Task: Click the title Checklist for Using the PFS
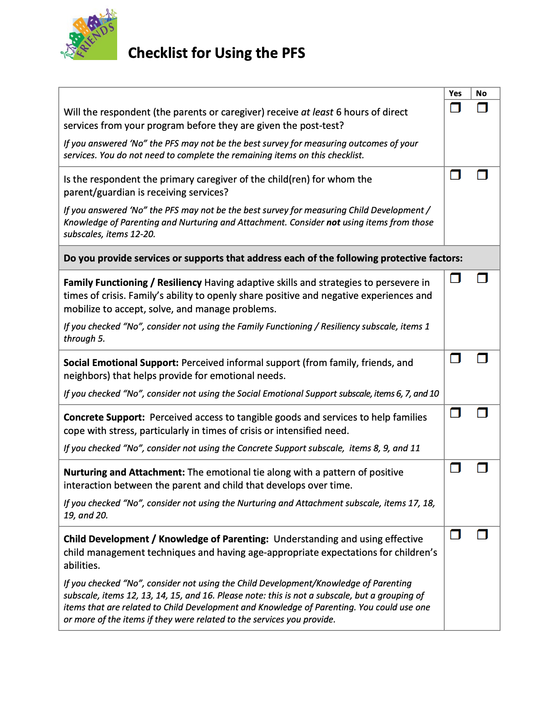(x=216, y=53)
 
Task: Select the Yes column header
(x=455, y=94)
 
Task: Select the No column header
(x=481, y=94)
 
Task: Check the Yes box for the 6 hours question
(x=455, y=108)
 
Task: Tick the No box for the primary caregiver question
(x=482, y=175)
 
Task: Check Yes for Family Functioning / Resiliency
(x=455, y=278)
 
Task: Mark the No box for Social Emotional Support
(x=482, y=358)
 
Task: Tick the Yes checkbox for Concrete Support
(x=455, y=413)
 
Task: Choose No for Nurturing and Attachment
(x=482, y=468)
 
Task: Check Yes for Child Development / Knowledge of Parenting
(x=455, y=534)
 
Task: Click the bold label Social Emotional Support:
(x=121, y=363)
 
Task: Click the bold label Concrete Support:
(x=104, y=417)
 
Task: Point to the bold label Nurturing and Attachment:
(x=124, y=472)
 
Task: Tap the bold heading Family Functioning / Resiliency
(x=133, y=282)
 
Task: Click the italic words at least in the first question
(x=317, y=112)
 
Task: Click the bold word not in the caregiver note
(x=333, y=222)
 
